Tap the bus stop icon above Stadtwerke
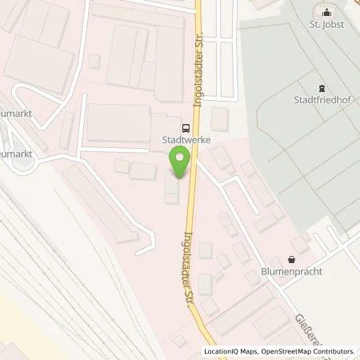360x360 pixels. tap(186, 126)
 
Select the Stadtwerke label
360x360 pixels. tap(174, 138)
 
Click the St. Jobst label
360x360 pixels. tap(325, 25)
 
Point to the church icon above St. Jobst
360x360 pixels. tap(325, 12)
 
